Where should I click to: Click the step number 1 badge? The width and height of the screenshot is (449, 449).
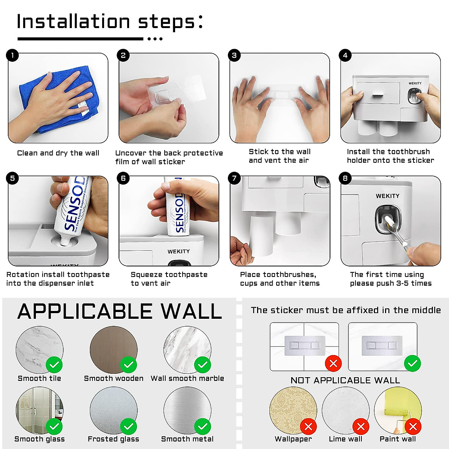12,56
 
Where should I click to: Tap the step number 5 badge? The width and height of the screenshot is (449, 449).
12,178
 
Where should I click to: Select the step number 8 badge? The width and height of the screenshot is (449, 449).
345,178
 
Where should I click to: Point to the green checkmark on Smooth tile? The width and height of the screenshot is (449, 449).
54,364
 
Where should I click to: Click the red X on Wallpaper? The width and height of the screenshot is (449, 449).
308,426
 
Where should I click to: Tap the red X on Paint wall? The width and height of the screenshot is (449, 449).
413,426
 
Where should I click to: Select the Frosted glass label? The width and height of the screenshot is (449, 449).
113,439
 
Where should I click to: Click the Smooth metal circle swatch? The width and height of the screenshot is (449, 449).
187,410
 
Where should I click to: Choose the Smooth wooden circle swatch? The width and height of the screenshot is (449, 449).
113,349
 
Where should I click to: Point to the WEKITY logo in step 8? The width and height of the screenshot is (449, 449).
387,196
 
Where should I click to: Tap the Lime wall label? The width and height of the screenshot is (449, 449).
345,439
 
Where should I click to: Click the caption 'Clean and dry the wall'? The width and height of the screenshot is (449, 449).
58,153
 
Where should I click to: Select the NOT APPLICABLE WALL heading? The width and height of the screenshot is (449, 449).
345,380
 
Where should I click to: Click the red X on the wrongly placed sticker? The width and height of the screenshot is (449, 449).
333,363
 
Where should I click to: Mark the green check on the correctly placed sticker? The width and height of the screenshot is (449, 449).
412,363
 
